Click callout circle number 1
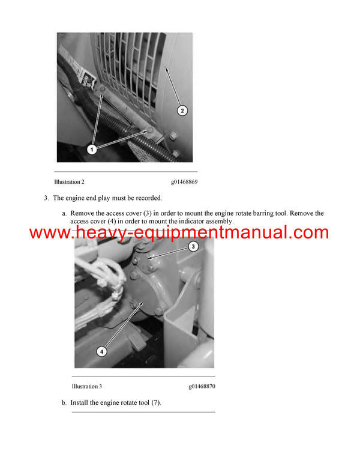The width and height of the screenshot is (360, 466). pos(92,150)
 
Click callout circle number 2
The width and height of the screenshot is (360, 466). pos(183,110)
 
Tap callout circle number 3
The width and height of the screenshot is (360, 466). pos(193,246)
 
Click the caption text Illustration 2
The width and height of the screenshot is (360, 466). pos(69,181)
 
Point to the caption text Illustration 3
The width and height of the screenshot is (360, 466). pos(86,386)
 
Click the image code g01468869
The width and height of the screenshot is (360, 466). pos(184,181)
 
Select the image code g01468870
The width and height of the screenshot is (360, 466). pos(201,386)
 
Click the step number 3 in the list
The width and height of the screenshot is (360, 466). pos(46,198)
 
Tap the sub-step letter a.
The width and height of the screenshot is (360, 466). pos(64,213)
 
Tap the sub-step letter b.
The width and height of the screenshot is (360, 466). pos(64,403)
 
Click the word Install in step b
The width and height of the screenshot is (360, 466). pos(80,403)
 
